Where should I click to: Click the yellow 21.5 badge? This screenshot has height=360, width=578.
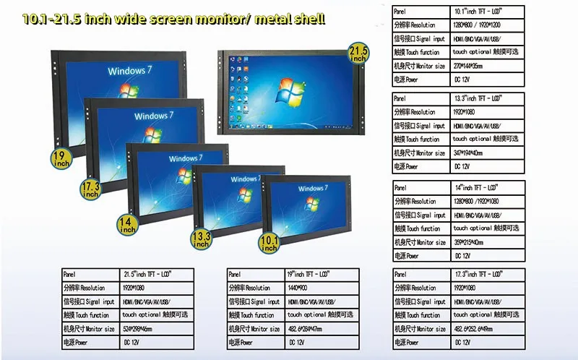(359, 52)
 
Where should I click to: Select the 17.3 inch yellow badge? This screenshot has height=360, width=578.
(90, 190)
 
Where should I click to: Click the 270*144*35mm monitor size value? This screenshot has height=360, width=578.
(469, 66)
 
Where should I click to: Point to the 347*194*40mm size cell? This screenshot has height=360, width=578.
(469, 153)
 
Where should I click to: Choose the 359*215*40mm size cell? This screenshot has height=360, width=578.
(469, 243)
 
